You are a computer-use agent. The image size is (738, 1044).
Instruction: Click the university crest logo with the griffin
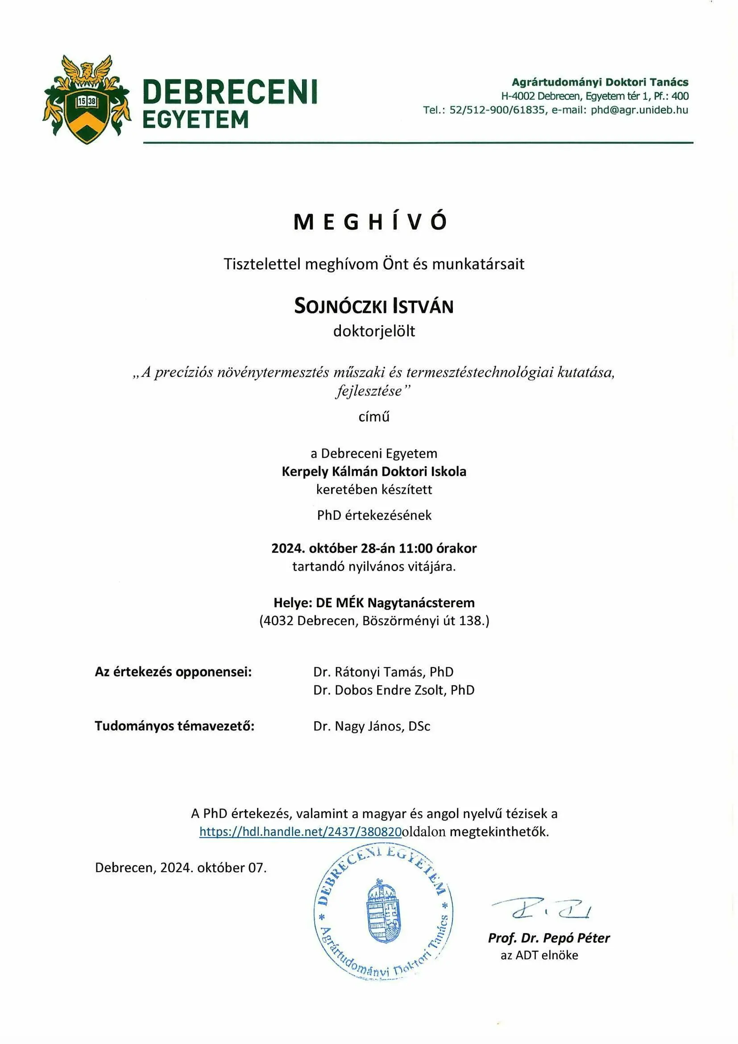pyautogui.click(x=87, y=99)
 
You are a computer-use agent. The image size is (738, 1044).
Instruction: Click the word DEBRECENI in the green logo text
pyautogui.click(x=229, y=92)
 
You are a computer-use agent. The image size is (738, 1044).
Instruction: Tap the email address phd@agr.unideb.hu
pyautogui.click(x=639, y=110)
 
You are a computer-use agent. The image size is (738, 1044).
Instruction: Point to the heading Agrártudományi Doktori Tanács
pyautogui.click(x=600, y=82)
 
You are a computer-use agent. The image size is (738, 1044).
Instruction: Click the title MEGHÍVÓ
pyautogui.click(x=370, y=222)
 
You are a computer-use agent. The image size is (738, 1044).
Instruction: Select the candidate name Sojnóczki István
pyautogui.click(x=373, y=306)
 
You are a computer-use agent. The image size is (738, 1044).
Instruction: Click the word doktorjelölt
pyautogui.click(x=374, y=331)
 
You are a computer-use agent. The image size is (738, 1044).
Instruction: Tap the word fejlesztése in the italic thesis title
pyautogui.click(x=369, y=391)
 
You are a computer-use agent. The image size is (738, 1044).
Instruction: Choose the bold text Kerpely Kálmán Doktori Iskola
pyautogui.click(x=373, y=472)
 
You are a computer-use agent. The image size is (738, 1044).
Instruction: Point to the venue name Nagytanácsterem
pyautogui.click(x=421, y=603)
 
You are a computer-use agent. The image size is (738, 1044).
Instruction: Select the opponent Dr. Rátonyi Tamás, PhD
pyautogui.click(x=383, y=672)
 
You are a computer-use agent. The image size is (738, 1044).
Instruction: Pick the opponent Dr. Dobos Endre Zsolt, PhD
pyautogui.click(x=394, y=690)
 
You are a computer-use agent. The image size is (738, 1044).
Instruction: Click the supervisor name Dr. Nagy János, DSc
pyautogui.click(x=371, y=726)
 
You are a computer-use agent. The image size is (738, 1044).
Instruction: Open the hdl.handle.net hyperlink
pyautogui.click(x=300, y=831)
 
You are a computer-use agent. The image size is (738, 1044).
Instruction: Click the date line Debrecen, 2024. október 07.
pyautogui.click(x=180, y=868)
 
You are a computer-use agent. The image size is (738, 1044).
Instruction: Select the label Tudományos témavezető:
pyautogui.click(x=174, y=726)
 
